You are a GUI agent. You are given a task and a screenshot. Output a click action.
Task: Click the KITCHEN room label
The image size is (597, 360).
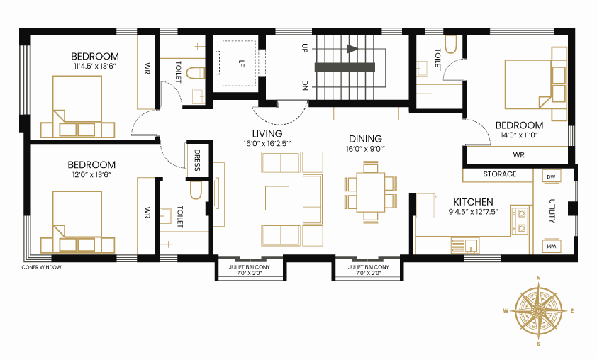(473, 202)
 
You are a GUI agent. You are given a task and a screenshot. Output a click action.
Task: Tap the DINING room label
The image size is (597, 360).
(366, 139)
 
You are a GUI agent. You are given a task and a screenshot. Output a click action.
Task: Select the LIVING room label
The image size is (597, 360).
(267, 134)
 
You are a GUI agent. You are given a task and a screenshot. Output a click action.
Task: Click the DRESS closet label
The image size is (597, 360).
(197, 160)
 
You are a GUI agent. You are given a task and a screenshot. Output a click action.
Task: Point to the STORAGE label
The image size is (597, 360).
(500, 174)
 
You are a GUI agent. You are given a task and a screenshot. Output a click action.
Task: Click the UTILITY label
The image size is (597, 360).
(552, 210)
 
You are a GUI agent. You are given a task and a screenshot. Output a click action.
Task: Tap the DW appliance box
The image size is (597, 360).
(551, 176)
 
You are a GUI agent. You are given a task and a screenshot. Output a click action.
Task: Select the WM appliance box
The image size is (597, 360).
(551, 246)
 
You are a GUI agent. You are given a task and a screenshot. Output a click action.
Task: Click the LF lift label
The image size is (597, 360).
(240, 63)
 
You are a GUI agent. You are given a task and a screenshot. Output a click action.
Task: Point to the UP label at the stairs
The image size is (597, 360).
(304, 48)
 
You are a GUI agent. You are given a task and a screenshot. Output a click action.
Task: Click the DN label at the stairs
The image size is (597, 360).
(305, 85)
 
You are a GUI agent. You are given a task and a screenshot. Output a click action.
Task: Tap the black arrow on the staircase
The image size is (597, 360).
(352, 49)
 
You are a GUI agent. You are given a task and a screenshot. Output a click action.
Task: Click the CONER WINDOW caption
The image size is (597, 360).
(42, 268)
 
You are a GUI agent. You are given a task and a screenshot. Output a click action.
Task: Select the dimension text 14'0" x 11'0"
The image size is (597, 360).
(519, 135)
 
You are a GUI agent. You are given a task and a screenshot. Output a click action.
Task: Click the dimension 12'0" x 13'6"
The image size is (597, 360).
(91, 174)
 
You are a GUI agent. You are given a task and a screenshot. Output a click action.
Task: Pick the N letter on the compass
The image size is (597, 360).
(538, 279)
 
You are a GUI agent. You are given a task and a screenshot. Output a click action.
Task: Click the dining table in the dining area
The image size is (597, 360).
(371, 192)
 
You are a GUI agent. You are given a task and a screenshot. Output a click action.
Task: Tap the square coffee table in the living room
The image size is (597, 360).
(277, 198)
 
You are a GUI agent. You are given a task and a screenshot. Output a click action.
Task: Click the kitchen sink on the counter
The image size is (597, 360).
(465, 245)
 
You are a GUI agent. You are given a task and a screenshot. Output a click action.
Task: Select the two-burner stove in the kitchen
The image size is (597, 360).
(520, 220)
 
